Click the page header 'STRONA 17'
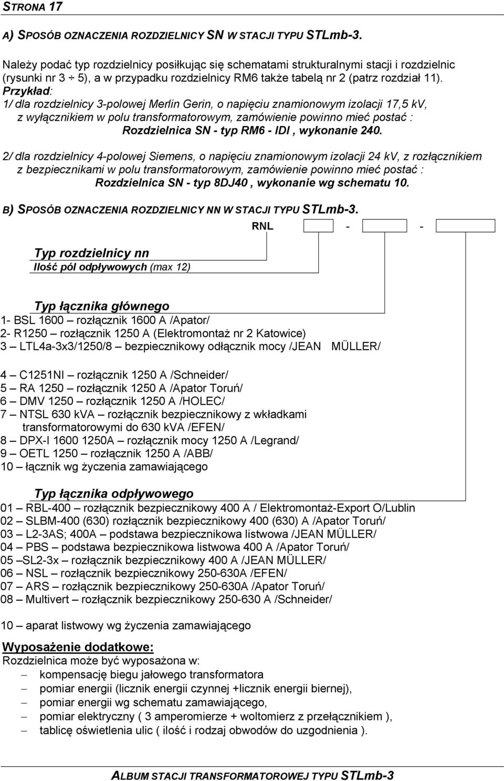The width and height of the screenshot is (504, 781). coord(32,6)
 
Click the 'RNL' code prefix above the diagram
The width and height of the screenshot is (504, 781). coord(262,226)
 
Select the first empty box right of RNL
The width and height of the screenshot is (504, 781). coord(318,226)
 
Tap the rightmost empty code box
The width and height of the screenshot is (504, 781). coord(465,226)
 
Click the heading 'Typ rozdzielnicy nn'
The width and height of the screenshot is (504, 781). coord(91,253)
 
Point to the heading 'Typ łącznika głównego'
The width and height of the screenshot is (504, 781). coord(102,306)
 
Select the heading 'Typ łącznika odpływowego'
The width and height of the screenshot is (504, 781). coord(113,494)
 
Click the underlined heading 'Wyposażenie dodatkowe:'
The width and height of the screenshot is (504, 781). coord(78,648)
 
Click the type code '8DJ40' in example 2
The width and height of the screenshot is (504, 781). coord(231,183)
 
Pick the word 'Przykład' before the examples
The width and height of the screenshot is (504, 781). coord(26,91)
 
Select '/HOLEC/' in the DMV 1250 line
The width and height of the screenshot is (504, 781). coord(202,401)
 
